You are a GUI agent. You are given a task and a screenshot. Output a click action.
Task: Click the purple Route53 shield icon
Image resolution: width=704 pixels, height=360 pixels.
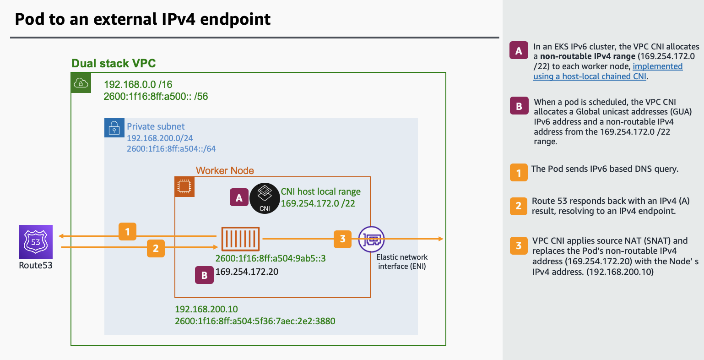36,242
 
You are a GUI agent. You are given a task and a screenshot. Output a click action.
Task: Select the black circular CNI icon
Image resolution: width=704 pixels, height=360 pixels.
265,198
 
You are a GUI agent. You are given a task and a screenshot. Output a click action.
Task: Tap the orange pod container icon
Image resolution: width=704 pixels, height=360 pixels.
240,239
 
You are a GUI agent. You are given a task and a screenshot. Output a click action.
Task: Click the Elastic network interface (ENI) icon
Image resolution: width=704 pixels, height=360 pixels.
371,239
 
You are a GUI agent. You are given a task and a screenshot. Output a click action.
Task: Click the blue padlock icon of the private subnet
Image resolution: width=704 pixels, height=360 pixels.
114,128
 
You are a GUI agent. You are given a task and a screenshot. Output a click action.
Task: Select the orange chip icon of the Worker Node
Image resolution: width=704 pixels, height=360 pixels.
184,187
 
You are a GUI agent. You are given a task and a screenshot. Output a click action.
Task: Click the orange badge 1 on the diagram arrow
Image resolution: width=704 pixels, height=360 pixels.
128,232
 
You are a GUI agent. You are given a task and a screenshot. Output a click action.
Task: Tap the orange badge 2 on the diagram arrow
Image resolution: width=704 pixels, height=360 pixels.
156,248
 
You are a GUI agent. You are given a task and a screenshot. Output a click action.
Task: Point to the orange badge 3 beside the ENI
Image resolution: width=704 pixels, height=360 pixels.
342,239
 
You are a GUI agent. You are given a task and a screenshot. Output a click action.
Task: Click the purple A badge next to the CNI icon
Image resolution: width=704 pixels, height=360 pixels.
238,198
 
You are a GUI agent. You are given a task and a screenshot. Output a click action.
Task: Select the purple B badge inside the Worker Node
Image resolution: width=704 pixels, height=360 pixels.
204,275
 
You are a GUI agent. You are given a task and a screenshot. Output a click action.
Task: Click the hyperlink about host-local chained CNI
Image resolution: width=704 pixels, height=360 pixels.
608,71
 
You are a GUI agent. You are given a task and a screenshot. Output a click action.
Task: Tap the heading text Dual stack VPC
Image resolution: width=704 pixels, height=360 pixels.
114,63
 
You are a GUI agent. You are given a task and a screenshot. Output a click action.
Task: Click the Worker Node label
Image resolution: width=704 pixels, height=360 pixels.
225,170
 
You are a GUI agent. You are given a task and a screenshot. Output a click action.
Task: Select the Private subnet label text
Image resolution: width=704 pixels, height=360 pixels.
156,126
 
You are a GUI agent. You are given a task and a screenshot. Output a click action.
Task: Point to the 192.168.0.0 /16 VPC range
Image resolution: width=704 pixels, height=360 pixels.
138,84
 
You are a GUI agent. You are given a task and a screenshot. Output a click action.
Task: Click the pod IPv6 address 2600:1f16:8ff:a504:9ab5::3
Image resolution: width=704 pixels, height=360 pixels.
270,259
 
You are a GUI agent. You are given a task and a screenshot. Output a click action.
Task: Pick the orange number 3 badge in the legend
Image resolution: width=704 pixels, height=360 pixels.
519,245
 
